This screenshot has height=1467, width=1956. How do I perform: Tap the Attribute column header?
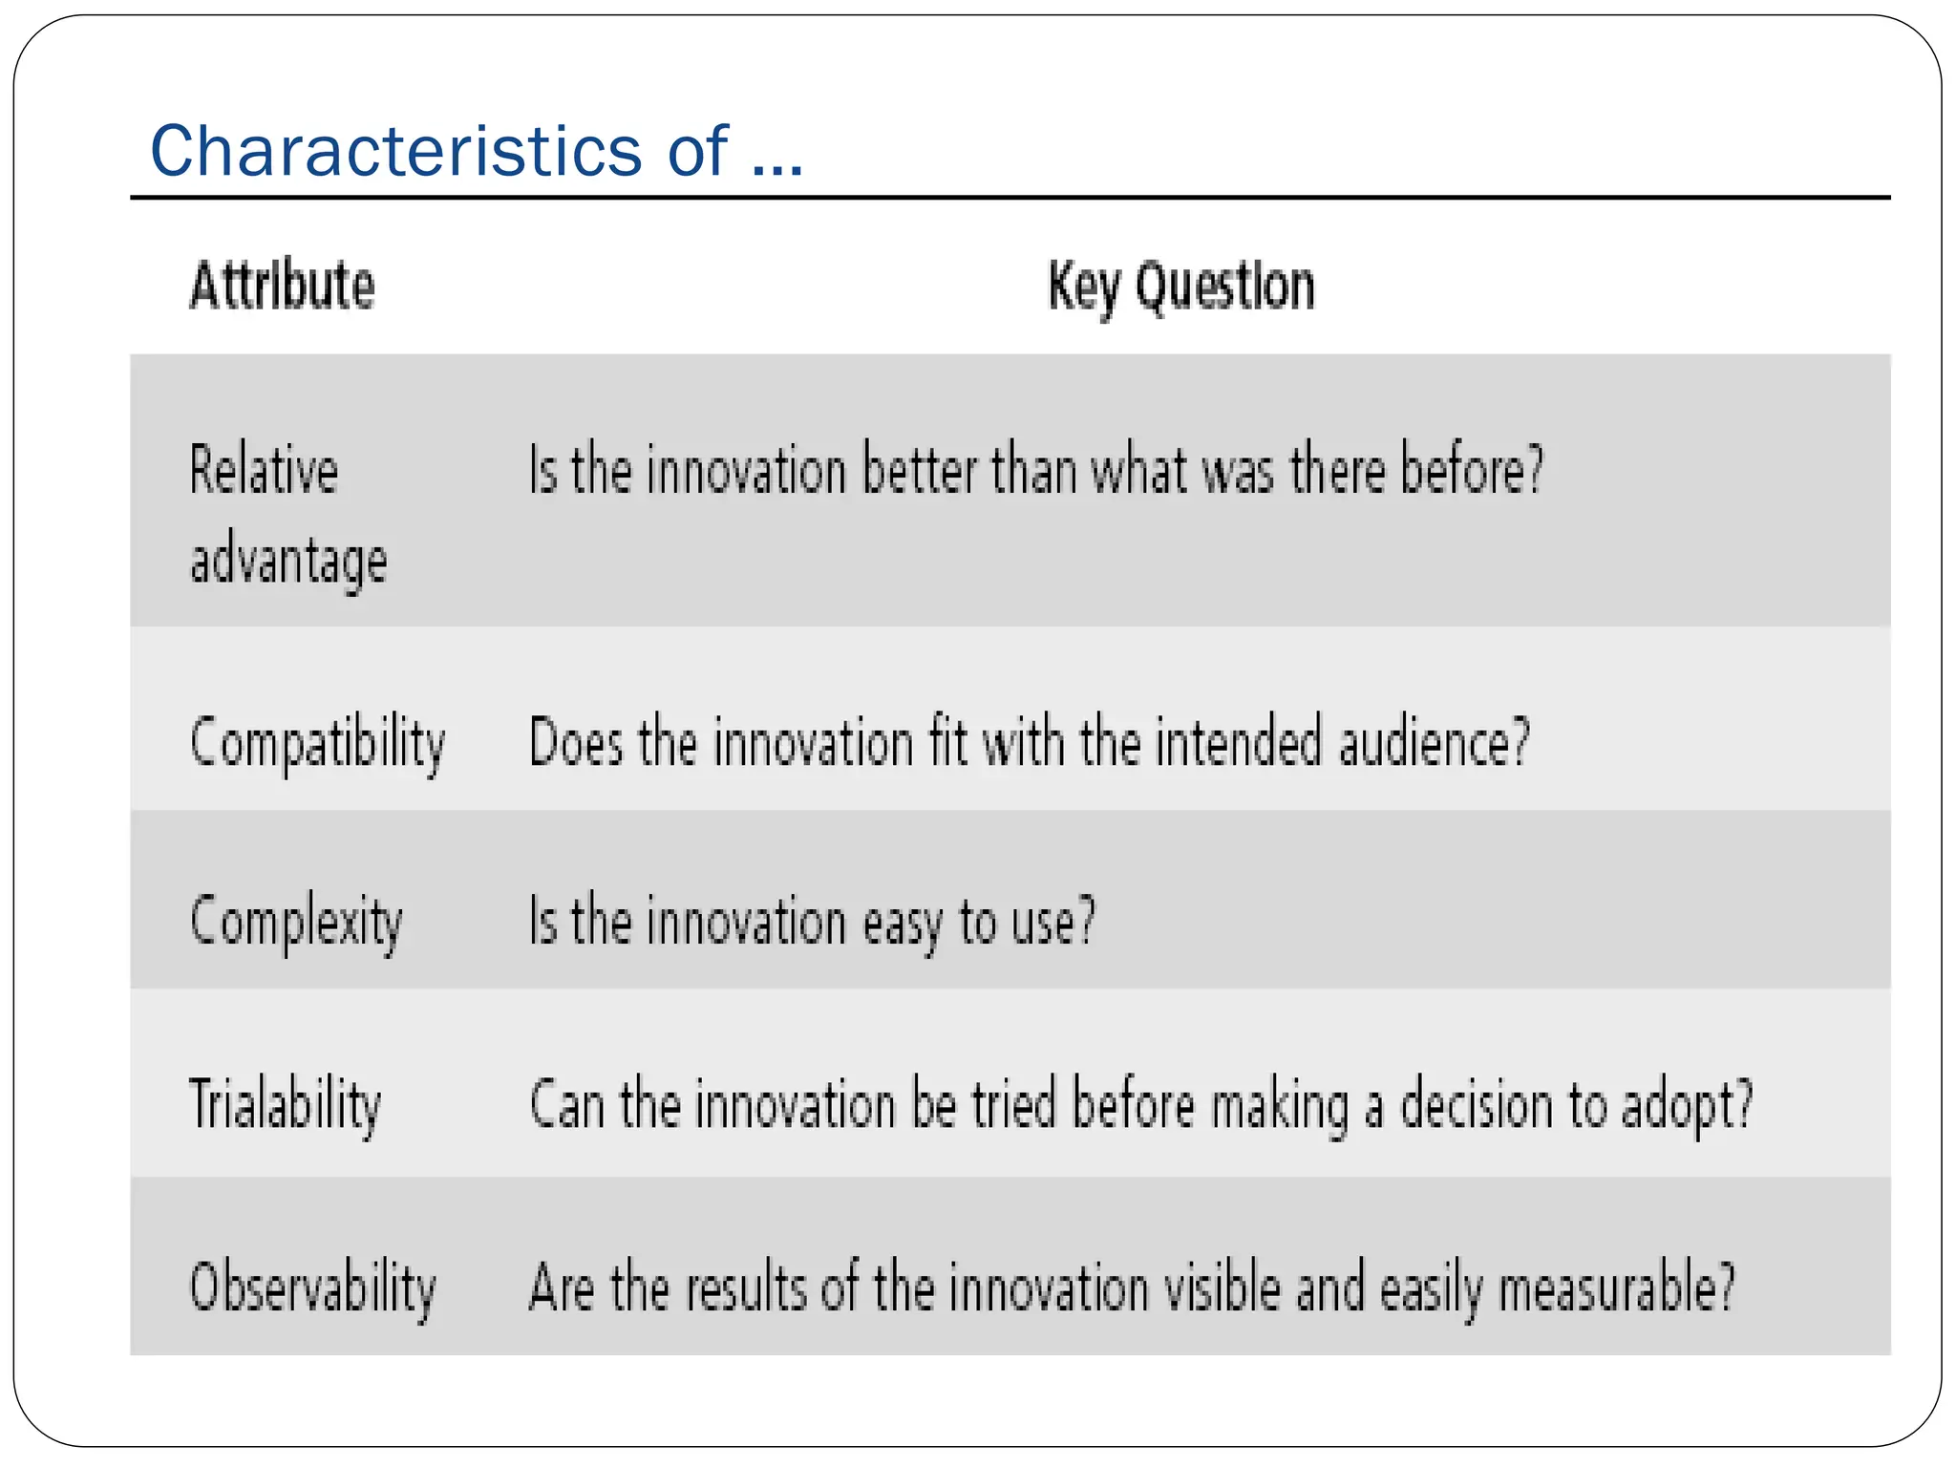pos(283,286)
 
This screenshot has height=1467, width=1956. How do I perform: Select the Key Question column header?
pos(1181,287)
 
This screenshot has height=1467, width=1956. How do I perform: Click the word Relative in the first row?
pos(264,470)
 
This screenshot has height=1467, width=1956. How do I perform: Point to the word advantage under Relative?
pos(288,561)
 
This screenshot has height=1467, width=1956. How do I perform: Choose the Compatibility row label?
pos(318,743)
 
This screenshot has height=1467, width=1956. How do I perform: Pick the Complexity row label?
pos(296,923)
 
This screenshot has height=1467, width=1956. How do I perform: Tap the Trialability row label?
pos(286,1105)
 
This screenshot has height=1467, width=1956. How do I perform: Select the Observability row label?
pos(313,1287)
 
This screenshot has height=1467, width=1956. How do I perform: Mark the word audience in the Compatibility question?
pos(1434,743)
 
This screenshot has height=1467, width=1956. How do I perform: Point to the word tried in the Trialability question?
pos(1013,1104)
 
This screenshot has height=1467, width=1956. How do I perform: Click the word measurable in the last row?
pos(1615,1287)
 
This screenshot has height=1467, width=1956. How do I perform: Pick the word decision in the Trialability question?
pos(1477,1105)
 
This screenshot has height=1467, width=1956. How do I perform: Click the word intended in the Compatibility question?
pos(1238,742)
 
